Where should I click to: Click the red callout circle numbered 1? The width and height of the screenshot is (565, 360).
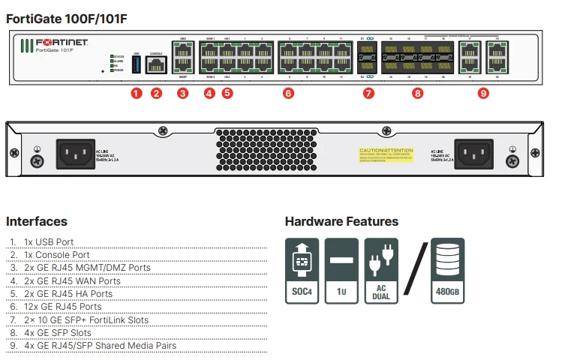tap(135, 93)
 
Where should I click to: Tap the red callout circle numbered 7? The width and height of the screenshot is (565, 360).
tap(368, 93)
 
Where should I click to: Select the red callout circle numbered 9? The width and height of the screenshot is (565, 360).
tap(483, 93)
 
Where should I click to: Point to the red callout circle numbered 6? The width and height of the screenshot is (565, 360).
tap(288, 93)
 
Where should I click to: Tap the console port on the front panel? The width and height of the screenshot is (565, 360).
tap(156, 65)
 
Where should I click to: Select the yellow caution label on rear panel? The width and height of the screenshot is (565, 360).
tap(386, 154)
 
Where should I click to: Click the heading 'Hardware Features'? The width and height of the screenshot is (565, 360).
tap(341, 221)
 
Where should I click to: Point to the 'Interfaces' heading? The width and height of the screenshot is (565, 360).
tap(37, 221)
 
